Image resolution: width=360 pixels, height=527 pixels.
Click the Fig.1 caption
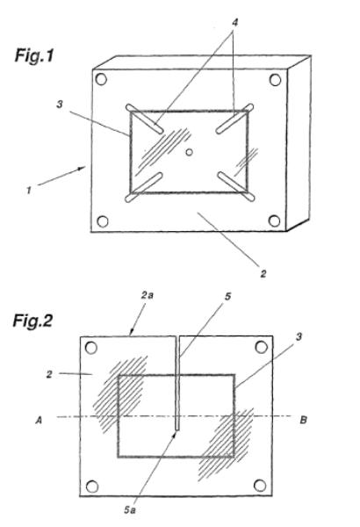[34, 56]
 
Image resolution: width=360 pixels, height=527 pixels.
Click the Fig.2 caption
[32, 321]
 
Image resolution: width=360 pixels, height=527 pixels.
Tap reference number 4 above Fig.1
[235, 23]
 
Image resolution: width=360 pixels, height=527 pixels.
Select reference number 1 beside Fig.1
[29, 191]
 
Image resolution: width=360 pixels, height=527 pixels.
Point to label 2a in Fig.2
[147, 295]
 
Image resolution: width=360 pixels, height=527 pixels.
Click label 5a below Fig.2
[130, 509]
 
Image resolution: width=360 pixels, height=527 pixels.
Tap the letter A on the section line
[39, 420]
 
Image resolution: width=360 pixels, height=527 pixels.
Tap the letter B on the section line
[303, 420]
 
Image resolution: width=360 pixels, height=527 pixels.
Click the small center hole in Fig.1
[190, 152]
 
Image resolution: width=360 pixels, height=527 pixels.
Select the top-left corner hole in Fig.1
[101, 79]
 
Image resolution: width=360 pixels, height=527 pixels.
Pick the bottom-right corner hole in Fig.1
[274, 220]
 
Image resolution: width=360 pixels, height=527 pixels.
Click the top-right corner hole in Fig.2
[261, 347]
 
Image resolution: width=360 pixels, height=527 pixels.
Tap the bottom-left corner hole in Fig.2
[92, 487]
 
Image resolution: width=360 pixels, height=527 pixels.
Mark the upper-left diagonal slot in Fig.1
[145, 119]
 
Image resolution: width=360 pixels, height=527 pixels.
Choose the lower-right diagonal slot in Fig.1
[236, 186]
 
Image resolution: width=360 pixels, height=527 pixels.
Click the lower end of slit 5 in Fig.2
[177, 430]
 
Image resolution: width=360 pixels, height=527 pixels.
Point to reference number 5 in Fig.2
[228, 297]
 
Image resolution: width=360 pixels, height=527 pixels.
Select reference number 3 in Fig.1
[60, 105]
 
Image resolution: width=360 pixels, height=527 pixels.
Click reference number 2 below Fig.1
[263, 273]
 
